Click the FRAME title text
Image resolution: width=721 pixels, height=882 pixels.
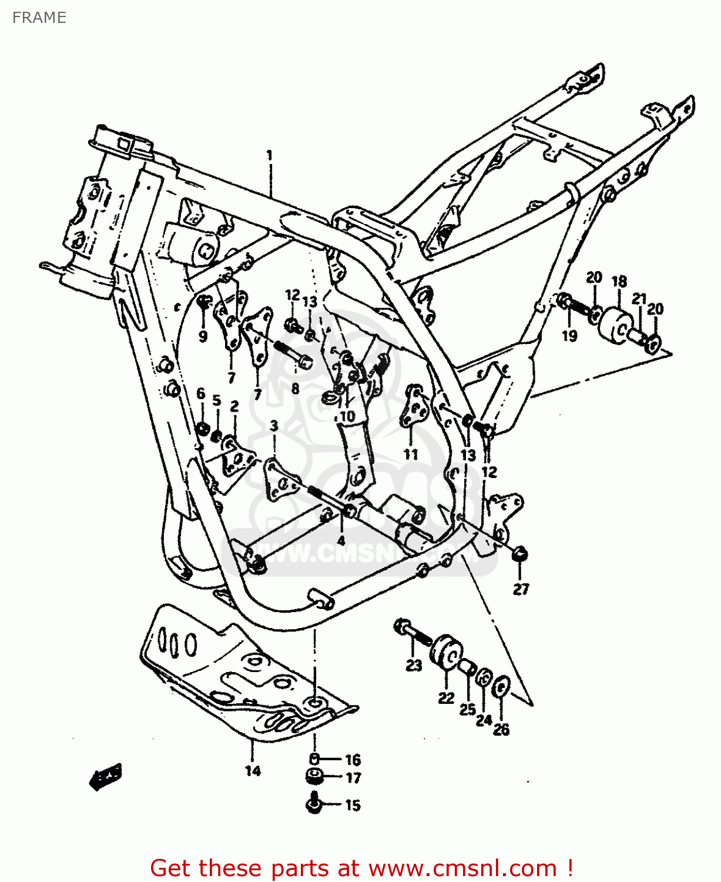pyautogui.click(x=39, y=18)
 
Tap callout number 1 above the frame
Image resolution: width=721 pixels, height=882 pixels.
pyautogui.click(x=269, y=155)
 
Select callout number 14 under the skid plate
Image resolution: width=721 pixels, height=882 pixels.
pyautogui.click(x=253, y=771)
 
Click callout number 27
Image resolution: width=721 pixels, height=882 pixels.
pyautogui.click(x=521, y=589)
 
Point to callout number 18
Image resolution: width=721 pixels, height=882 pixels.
pyautogui.click(x=619, y=282)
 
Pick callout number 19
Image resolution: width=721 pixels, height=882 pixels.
pyautogui.click(x=569, y=336)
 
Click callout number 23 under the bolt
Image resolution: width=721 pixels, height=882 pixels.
pyautogui.click(x=414, y=665)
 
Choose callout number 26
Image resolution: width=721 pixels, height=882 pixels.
pyautogui.click(x=501, y=729)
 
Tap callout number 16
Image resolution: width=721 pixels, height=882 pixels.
pyautogui.click(x=353, y=760)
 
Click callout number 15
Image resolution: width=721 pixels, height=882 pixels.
pyautogui.click(x=353, y=805)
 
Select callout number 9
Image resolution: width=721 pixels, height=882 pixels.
pyautogui.click(x=203, y=337)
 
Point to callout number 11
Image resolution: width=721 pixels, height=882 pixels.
pyautogui.click(x=410, y=454)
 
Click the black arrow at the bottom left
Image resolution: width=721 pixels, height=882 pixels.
pyautogui.click(x=106, y=777)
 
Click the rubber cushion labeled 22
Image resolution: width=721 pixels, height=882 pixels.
pyautogui.click(x=446, y=652)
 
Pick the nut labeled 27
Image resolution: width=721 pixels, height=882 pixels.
pyautogui.click(x=520, y=554)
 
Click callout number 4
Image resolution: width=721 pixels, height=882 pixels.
pyautogui.click(x=341, y=540)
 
